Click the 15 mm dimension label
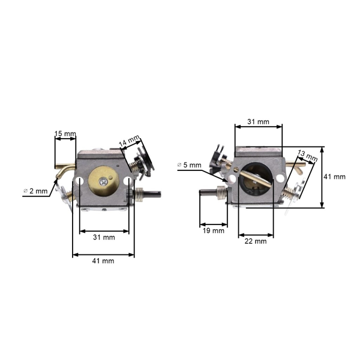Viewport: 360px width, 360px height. point(65,133)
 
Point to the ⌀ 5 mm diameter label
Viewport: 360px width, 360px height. point(190,164)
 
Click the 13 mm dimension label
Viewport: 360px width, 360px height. point(307,157)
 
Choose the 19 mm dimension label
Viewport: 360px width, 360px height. point(214,230)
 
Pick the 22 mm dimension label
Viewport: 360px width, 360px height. point(256,241)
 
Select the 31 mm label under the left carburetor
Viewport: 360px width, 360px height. point(104,237)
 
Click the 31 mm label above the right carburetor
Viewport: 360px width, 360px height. point(259,121)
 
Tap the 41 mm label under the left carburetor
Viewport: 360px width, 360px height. point(103,260)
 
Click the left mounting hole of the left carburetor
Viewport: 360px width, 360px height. point(80,181)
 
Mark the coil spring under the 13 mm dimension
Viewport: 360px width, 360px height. point(293,191)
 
